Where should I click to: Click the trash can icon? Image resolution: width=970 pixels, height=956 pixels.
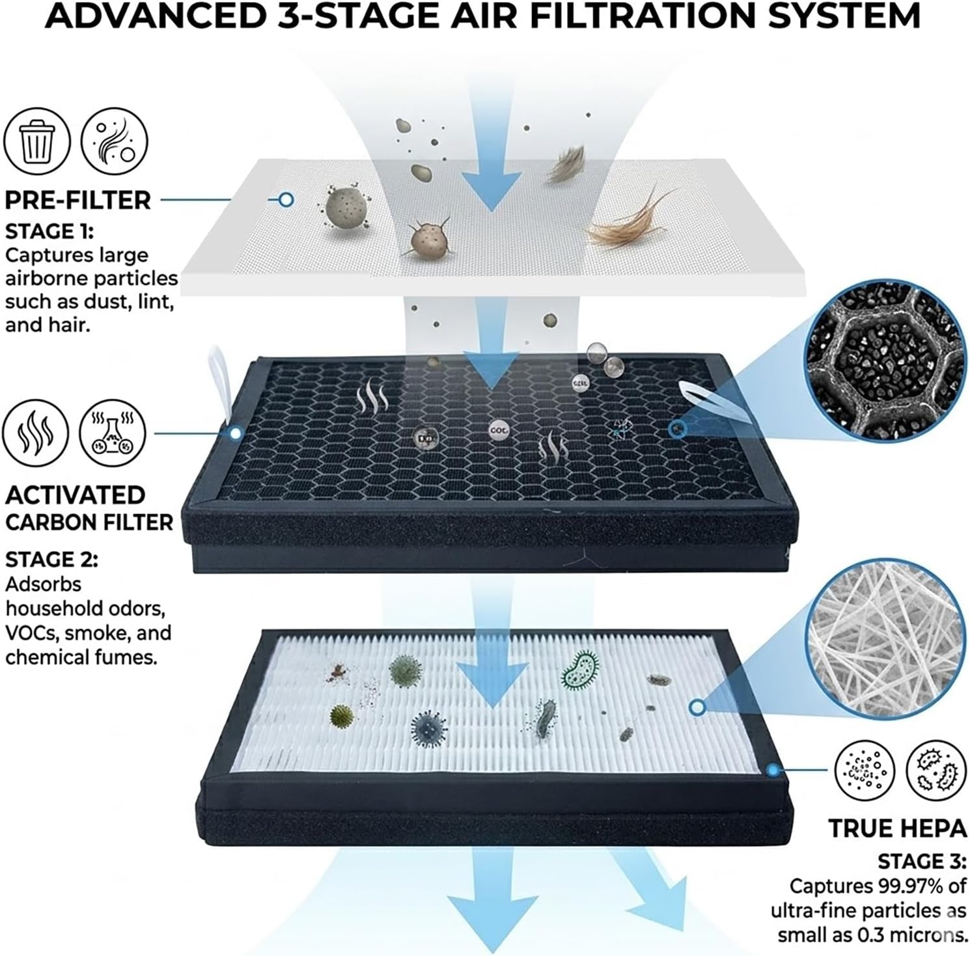point(36,141)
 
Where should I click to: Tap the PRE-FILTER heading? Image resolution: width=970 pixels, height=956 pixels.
point(77,200)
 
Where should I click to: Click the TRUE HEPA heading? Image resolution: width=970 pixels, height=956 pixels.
point(897,828)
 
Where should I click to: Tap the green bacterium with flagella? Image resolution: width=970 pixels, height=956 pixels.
point(580,670)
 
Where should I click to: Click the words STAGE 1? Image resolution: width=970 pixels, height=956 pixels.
point(49,232)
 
